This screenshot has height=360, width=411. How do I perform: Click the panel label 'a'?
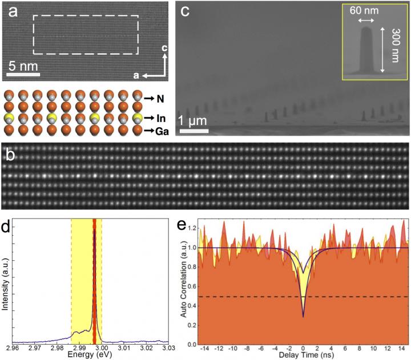[x=13, y=11]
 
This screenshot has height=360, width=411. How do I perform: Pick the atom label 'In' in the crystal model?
[x=166, y=120]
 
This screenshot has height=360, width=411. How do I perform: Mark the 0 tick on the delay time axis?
[x=303, y=348]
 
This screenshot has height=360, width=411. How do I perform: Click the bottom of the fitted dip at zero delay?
[x=303, y=316]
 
